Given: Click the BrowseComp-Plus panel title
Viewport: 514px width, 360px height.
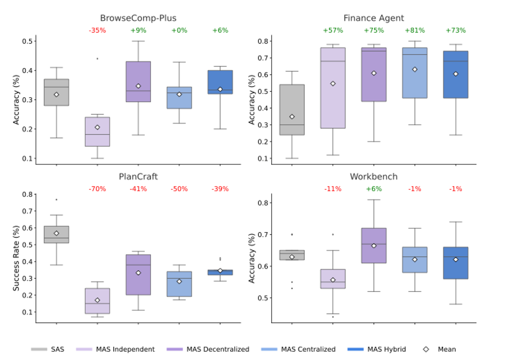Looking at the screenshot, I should tap(138, 18).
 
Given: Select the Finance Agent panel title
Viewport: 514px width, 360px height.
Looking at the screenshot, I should tap(373, 18).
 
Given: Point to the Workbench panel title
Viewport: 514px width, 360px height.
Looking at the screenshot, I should tap(373, 177).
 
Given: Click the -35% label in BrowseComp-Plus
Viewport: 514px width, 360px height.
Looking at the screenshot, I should tap(97, 30).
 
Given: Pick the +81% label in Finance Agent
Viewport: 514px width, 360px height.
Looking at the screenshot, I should tap(415, 30).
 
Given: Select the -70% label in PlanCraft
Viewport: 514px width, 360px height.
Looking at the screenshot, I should tap(97, 189).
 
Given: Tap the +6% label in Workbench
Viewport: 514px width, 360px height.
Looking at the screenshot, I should tap(373, 189).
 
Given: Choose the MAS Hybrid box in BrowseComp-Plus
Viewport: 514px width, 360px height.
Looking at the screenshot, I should tap(220, 82).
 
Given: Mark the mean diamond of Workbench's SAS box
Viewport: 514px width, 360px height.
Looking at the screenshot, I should tap(292, 257).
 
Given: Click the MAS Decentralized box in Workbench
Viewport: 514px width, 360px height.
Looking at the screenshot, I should tap(373, 246).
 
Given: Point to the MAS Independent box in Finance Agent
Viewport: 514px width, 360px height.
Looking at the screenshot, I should tap(333, 88).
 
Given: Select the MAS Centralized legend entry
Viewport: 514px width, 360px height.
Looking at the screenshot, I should tap(308, 349).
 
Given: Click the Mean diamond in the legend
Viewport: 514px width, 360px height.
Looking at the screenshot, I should tap(426, 349).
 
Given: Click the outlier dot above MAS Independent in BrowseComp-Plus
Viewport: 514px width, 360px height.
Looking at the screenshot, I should tap(97, 58).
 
